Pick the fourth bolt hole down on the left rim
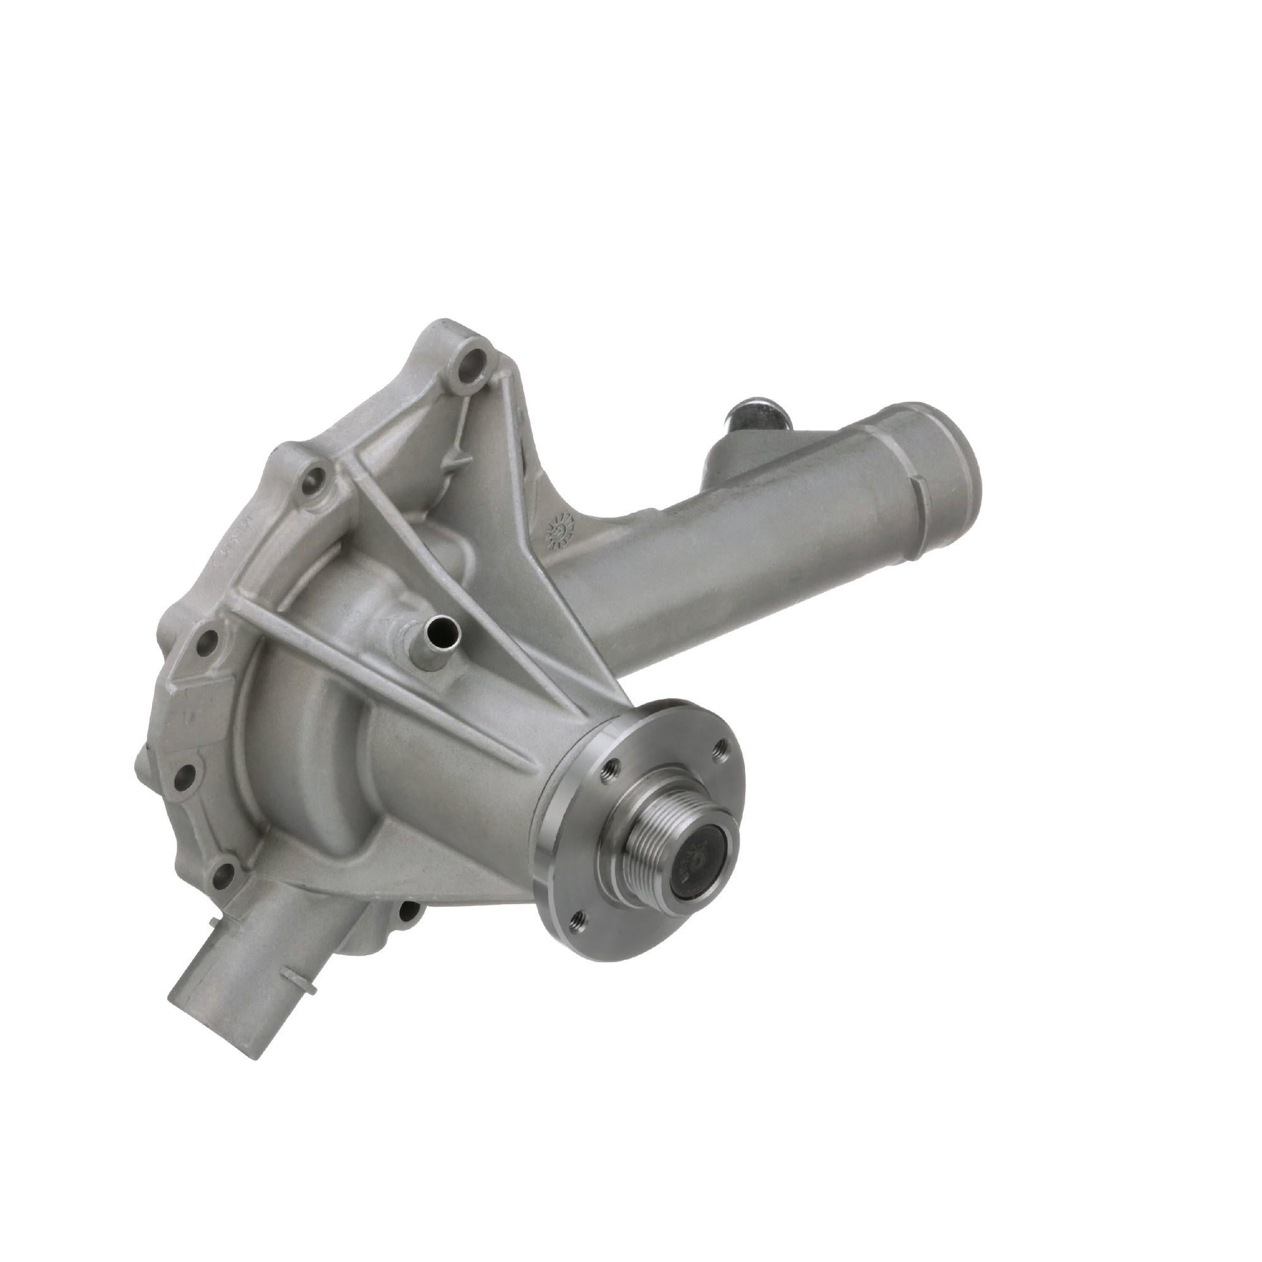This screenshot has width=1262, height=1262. pyautogui.click(x=186, y=775)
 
